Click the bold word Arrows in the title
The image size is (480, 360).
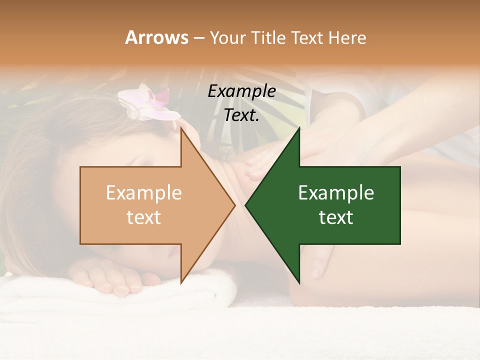156,37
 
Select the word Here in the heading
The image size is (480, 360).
347,37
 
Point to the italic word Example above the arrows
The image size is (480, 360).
241,91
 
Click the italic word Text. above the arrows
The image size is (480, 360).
241,115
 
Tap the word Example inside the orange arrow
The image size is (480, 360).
143,193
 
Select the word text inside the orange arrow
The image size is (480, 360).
143,217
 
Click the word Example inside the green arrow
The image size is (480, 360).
336,193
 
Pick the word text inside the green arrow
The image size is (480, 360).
336,217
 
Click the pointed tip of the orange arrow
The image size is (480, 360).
234,205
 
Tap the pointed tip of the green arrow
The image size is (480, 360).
246,205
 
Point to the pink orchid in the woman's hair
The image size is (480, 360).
150,103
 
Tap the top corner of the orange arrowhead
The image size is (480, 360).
181,128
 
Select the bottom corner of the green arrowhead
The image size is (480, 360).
299,282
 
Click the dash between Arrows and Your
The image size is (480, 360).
198,38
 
